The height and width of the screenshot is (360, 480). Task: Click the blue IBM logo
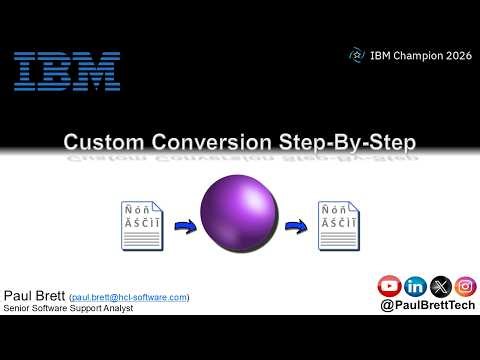click(x=67, y=71)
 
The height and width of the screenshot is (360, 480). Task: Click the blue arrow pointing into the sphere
click(x=185, y=226)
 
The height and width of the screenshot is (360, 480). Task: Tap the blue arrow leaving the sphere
click(x=295, y=226)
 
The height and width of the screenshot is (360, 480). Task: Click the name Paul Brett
click(x=34, y=296)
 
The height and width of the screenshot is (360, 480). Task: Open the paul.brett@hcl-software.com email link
click(x=129, y=297)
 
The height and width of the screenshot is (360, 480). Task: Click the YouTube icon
click(x=390, y=287)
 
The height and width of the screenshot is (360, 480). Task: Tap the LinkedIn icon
click(x=415, y=287)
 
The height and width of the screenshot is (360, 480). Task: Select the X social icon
click(x=440, y=287)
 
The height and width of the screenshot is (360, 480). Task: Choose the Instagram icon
click(x=464, y=287)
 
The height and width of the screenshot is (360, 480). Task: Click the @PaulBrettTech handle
click(x=427, y=308)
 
